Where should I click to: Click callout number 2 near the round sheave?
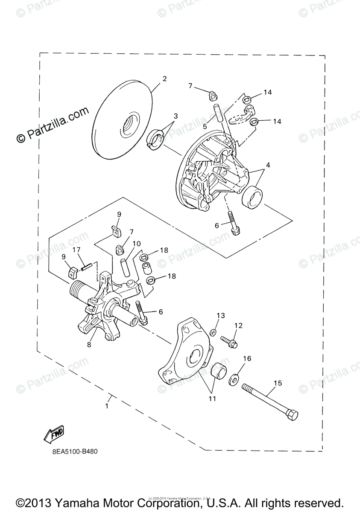(164, 79)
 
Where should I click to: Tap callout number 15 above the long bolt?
(278, 383)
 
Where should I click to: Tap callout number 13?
(220, 315)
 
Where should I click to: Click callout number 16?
(247, 359)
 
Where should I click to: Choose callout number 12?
(238, 326)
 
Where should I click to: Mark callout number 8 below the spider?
(89, 345)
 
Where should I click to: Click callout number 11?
(212, 399)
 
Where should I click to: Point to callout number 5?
(205, 126)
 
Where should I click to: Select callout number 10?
(136, 244)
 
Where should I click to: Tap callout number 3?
(175, 116)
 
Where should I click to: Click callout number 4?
(268, 165)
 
